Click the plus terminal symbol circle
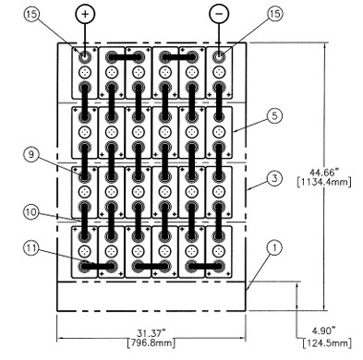86,16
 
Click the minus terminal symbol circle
219,16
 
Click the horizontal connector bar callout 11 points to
99,266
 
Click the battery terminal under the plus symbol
86,57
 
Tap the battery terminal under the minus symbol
219,57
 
